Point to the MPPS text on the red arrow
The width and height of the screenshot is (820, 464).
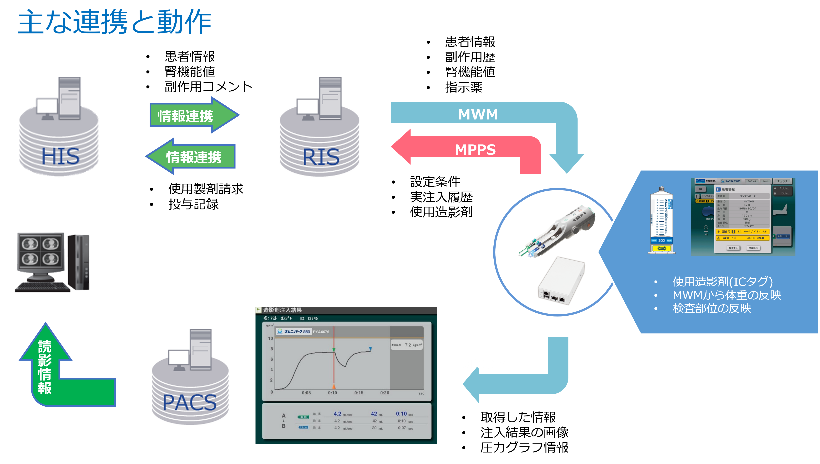point(475,149)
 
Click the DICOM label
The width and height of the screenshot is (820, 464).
point(484,364)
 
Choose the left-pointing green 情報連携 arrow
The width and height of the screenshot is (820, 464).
point(191,156)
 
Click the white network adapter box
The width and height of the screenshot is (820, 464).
point(561,280)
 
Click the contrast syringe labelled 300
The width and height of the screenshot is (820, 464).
point(661,220)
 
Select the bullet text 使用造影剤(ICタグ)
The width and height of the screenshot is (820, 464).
point(722,281)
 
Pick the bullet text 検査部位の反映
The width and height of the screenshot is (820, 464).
point(712,308)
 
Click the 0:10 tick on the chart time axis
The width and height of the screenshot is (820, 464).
point(332,393)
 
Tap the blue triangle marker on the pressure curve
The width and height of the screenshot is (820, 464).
point(370,349)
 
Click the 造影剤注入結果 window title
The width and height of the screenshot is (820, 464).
point(282,310)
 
